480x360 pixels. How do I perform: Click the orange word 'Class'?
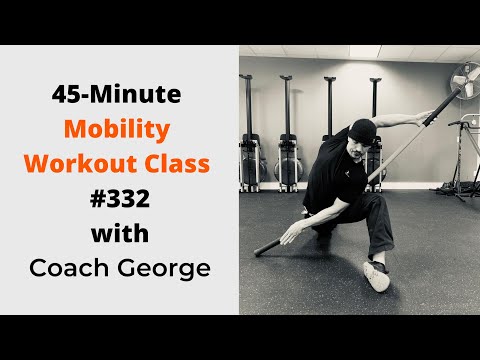pyautogui.click(x=181, y=163)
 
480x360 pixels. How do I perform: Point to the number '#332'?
pyautogui.click(x=120, y=201)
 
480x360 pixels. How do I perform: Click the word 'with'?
pyautogui.click(x=120, y=235)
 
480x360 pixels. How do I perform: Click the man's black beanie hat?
pyautogui.click(x=362, y=128)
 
